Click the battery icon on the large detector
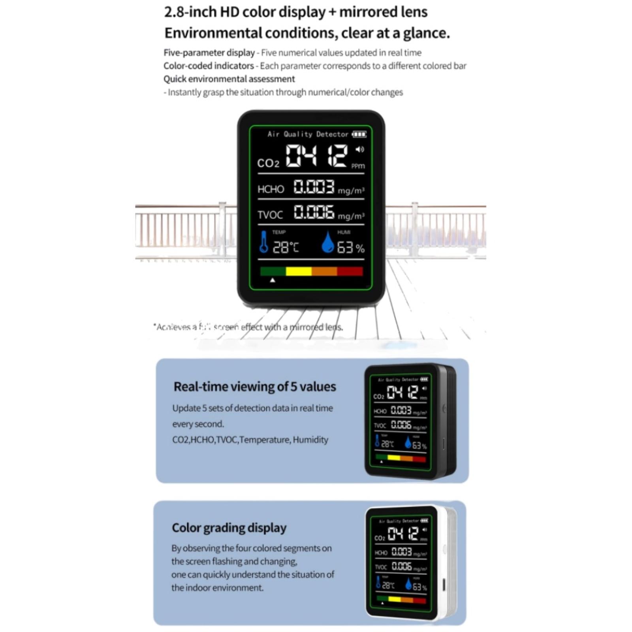(359, 134)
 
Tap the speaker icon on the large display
(359, 149)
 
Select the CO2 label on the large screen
(268, 163)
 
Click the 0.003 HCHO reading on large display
(314, 186)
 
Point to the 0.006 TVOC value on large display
(314, 212)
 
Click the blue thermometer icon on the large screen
(263, 242)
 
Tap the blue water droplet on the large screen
(327, 242)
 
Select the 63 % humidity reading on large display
(350, 248)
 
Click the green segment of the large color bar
(273, 271)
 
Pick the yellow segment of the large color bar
(299, 271)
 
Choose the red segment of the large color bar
(350, 271)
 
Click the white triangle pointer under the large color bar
(273, 280)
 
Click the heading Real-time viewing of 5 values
(255, 386)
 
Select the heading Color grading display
(229, 528)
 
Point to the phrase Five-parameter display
(209, 53)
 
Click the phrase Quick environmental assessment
(229, 79)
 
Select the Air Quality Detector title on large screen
(308, 134)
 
